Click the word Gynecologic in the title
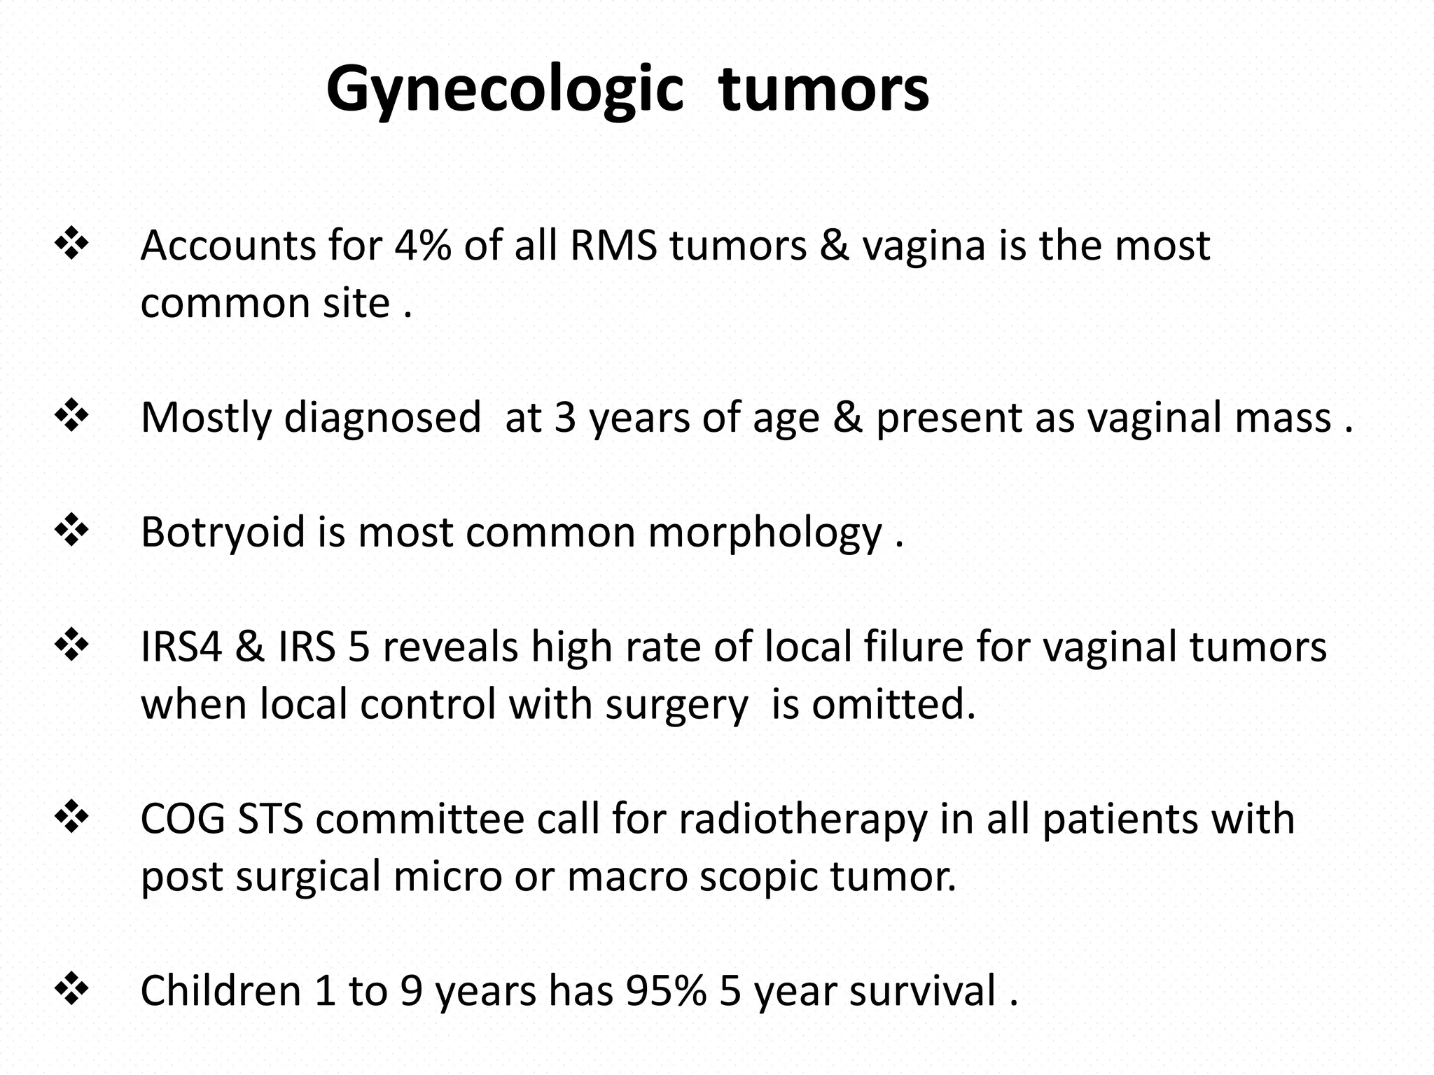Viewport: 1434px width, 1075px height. [504, 90]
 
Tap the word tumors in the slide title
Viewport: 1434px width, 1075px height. [823, 90]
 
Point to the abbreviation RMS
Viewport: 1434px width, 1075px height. [613, 246]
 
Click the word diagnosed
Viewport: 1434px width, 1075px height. [382, 418]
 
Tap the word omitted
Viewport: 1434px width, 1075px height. [893, 704]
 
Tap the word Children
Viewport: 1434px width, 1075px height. [221, 990]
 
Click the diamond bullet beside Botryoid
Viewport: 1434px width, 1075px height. [71, 531]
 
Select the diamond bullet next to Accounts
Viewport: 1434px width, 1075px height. [71, 245]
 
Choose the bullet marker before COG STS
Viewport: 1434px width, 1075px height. [71, 817]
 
